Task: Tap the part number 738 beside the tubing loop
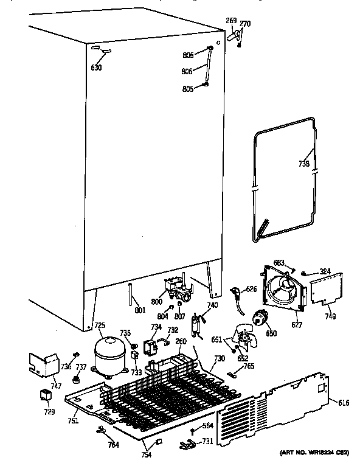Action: [x=303, y=163]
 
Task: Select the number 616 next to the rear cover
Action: [x=344, y=403]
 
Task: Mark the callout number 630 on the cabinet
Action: [x=96, y=68]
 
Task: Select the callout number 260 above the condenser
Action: [x=181, y=341]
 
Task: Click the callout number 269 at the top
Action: [x=231, y=21]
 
